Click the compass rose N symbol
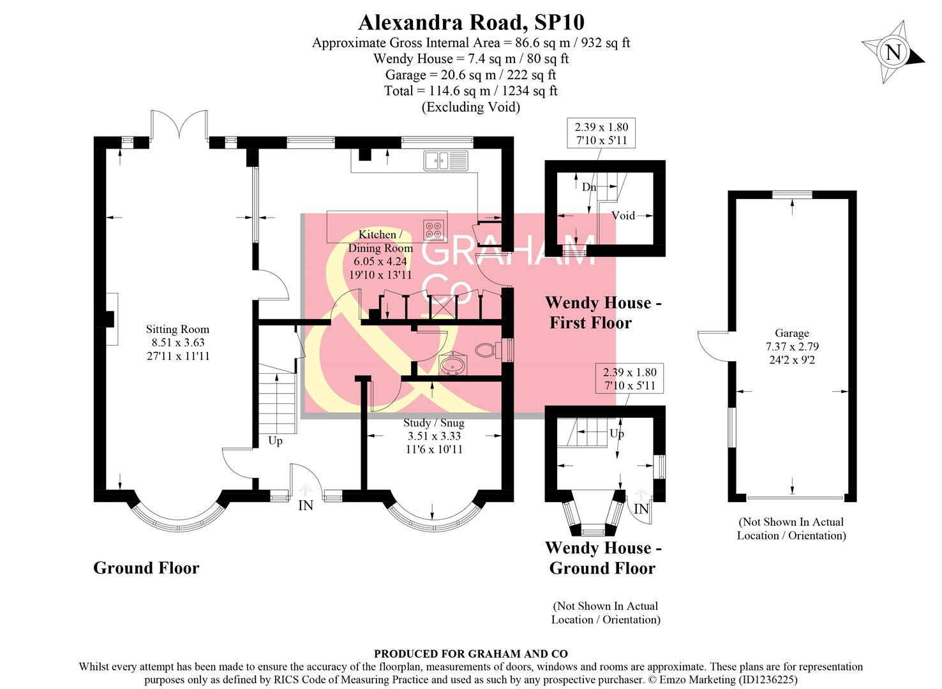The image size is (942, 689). (893, 52)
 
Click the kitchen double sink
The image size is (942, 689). (446, 161)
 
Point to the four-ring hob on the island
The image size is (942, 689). (434, 230)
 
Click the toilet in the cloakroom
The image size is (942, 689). (490, 349)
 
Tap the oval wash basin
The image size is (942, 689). (453, 365)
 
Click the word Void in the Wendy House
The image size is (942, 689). (623, 216)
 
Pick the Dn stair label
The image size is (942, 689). (589, 187)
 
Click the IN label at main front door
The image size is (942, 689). (306, 505)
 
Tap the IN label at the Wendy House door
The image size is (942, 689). (641, 509)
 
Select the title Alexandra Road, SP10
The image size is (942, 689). (471, 22)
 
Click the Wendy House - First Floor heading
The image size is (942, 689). (602, 313)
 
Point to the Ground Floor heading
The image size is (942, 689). (146, 568)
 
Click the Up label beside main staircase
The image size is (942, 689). (275, 441)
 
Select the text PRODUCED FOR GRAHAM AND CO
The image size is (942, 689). (470, 653)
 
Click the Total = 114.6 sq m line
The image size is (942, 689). (470, 91)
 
